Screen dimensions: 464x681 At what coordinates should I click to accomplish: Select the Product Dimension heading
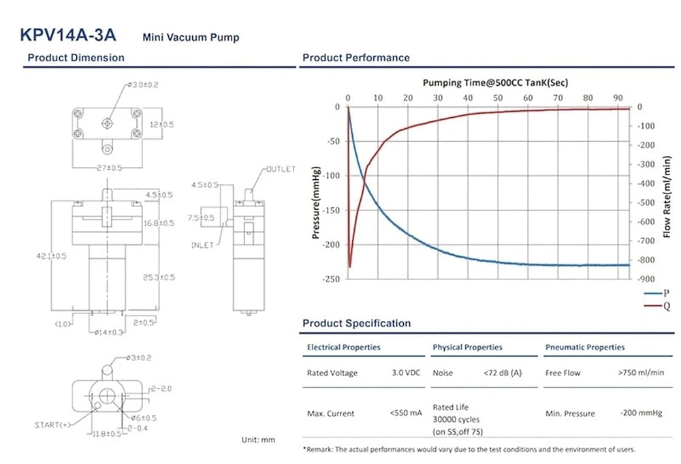76,58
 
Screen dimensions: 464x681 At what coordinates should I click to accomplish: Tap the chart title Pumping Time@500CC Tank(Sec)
495,82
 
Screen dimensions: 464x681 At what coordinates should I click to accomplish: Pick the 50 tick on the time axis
498,97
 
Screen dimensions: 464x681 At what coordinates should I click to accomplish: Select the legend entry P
667,293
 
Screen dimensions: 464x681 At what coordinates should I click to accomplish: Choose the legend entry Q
667,306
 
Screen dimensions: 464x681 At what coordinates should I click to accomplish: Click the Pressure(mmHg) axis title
316,204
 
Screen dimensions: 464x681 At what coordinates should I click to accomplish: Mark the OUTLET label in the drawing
281,169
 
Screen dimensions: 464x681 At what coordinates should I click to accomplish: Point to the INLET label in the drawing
202,245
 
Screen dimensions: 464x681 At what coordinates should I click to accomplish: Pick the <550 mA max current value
407,413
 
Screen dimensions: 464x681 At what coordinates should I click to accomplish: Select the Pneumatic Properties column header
585,347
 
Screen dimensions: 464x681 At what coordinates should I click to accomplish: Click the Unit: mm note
258,440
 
